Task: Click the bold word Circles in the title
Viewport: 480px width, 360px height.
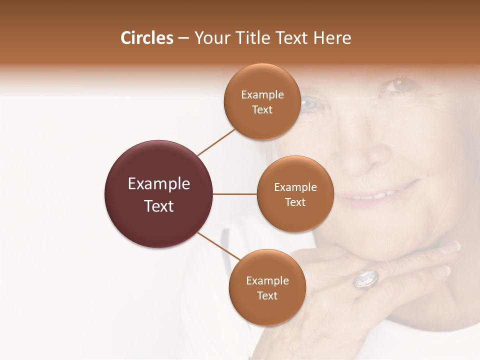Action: coord(147,38)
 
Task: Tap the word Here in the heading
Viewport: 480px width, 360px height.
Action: coord(332,38)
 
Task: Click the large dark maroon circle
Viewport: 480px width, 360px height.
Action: coord(159,194)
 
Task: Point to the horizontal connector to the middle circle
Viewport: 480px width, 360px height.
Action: coord(235,194)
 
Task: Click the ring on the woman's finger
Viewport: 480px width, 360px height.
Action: coord(366,279)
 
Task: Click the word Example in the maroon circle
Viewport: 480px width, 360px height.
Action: coord(159,184)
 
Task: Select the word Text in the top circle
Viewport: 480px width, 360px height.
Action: coord(262,110)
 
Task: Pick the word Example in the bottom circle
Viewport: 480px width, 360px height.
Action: coord(267,280)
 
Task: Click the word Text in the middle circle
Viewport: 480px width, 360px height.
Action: coord(295,202)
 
